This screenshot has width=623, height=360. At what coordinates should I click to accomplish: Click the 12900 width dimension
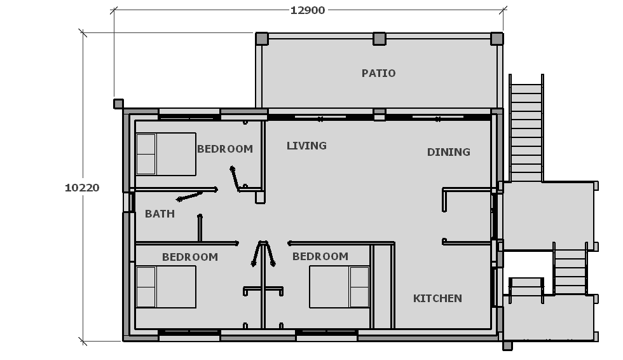(x=308, y=10)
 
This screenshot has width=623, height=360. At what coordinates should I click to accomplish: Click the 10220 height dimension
(x=82, y=188)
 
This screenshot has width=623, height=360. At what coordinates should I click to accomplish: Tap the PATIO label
(x=378, y=73)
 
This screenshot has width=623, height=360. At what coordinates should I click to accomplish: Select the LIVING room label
(x=306, y=146)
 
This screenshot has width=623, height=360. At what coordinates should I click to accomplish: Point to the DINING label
(x=449, y=152)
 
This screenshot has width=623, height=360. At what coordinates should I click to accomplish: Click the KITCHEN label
(x=437, y=298)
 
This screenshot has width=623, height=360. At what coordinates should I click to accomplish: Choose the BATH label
(x=160, y=214)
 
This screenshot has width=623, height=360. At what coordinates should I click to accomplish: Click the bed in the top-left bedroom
(x=166, y=154)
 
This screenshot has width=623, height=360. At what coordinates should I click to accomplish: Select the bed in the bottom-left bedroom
(x=166, y=287)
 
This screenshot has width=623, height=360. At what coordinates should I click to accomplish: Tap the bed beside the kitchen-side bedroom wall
(x=339, y=287)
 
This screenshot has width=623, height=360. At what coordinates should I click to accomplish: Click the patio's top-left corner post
(x=261, y=39)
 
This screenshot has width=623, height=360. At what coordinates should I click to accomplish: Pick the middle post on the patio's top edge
(x=380, y=39)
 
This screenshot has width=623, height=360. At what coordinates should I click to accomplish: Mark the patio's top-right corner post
(x=496, y=39)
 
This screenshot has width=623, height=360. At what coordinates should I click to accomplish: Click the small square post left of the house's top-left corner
(x=118, y=104)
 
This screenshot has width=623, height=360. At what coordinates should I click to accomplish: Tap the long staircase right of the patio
(x=526, y=128)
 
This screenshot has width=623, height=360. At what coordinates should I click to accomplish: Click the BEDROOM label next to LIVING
(x=225, y=149)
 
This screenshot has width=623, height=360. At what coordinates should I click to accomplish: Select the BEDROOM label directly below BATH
(x=190, y=257)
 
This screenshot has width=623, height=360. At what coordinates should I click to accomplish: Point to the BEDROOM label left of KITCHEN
(x=320, y=256)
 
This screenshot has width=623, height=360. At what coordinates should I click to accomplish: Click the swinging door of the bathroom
(x=189, y=197)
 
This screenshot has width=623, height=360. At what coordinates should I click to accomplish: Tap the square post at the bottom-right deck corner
(x=507, y=346)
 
